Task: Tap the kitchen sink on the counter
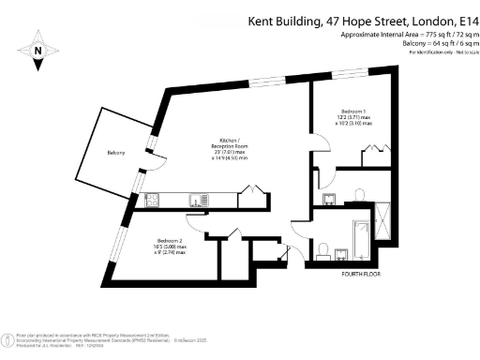pos(197,198)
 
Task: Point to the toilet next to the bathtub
pos(322,247)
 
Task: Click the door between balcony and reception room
pos(157,160)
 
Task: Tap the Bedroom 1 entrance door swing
pos(320,145)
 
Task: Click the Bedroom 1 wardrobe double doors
pos(373,147)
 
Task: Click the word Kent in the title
pos(262,21)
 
